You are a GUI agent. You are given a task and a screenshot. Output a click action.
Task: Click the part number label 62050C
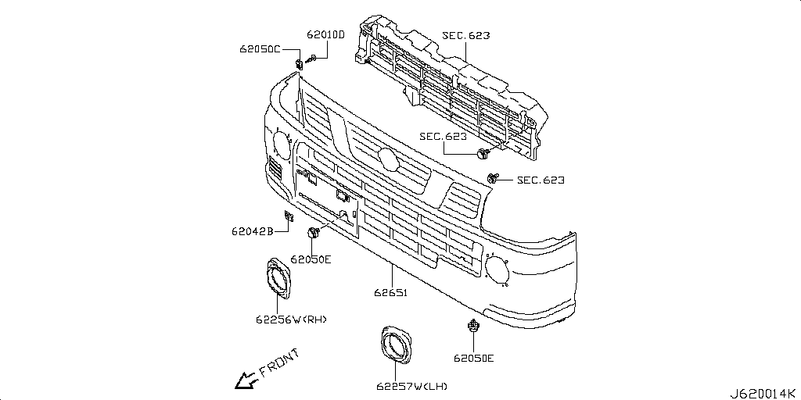[x=260, y=48]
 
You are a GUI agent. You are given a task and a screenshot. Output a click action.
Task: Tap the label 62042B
[x=251, y=231]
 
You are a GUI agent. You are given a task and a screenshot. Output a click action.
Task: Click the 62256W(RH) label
[x=290, y=319]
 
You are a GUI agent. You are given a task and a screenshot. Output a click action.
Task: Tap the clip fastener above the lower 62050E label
[x=472, y=327]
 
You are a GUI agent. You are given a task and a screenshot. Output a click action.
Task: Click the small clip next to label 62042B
[x=288, y=216]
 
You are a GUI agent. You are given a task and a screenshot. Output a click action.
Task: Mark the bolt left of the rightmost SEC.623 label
[x=491, y=179]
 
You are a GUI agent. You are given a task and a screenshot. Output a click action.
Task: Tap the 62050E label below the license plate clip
[x=311, y=259]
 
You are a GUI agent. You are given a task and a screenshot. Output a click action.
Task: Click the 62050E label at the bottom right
[x=473, y=359]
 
